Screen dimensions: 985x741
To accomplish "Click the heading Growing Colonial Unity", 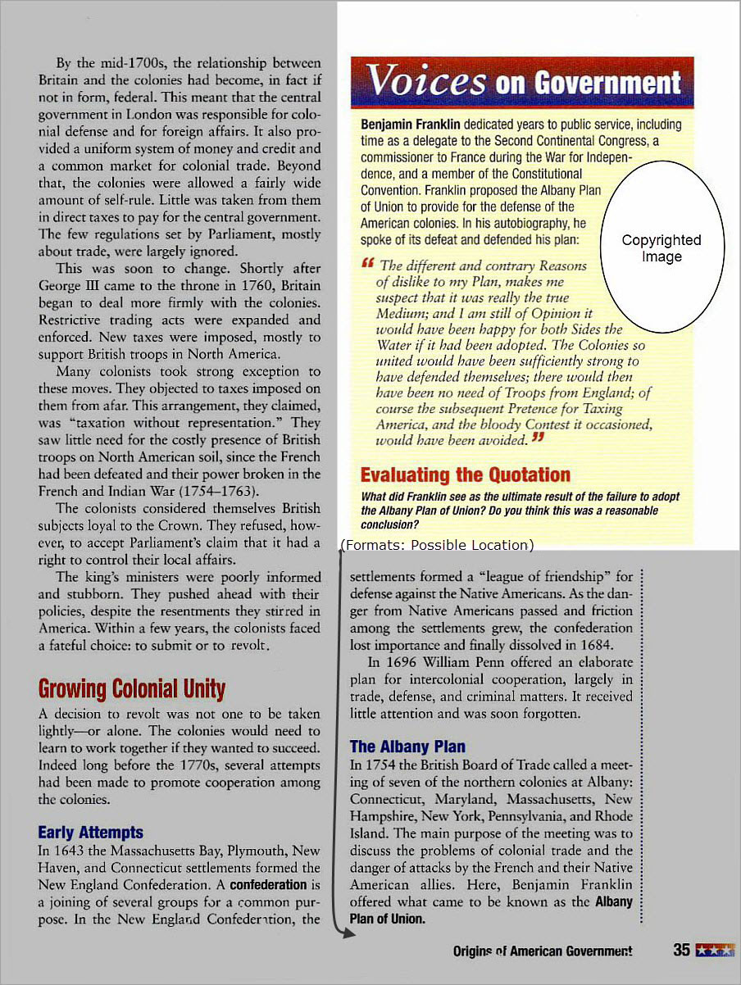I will tap(131, 689).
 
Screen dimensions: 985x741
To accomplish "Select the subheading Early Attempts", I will tap(90, 833).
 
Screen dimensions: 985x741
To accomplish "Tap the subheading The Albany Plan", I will tap(407, 747).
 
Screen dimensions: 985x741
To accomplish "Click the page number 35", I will tap(681, 951).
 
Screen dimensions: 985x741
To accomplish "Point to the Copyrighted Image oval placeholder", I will tap(661, 247).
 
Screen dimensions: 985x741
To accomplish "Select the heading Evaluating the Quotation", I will tap(465, 475).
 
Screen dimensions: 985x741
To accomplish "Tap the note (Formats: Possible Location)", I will tap(437, 545).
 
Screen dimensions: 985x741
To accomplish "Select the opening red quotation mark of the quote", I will tap(367, 262).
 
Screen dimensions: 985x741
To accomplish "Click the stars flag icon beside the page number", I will tap(713, 951).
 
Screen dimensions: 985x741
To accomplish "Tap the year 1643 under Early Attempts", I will tap(74, 850).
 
